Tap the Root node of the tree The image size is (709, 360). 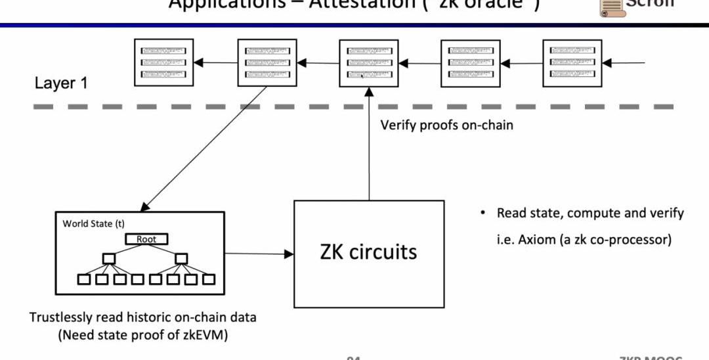pyautogui.click(x=146, y=239)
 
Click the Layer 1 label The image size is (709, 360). pyautogui.click(x=61, y=83)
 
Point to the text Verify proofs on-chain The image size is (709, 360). pyautogui.click(x=446, y=124)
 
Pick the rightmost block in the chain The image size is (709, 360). pyautogui.click(x=572, y=62)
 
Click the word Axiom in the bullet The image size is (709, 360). pyautogui.click(x=536, y=239)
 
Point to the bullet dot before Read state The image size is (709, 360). pyautogui.click(x=483, y=214)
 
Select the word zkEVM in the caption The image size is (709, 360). pyautogui.click(x=207, y=335)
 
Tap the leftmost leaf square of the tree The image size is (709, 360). pyautogui.click(x=84, y=279)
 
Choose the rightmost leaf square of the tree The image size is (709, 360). pyautogui.click(x=209, y=279)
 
